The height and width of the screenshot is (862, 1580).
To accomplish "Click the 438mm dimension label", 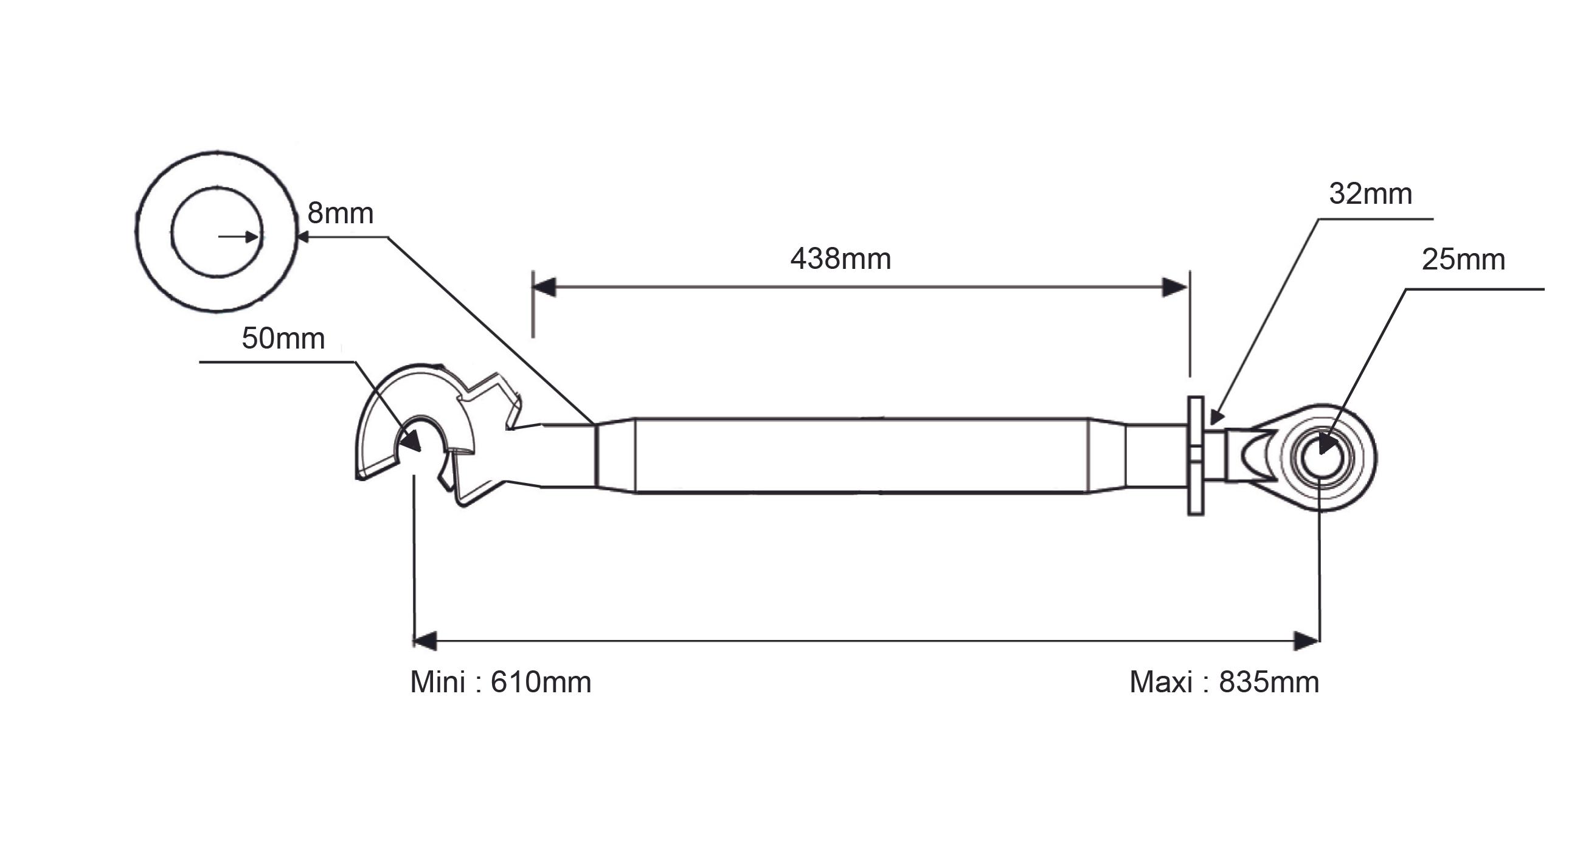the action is click(x=840, y=259).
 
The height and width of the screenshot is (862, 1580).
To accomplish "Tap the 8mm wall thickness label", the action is click(x=341, y=214).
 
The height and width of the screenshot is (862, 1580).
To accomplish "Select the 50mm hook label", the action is click(x=283, y=339).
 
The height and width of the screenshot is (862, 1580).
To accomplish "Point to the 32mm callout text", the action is click(x=1370, y=194).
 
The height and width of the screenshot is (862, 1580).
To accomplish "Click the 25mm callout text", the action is click(x=1463, y=260).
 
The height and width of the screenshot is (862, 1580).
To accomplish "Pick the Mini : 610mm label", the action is click(x=501, y=682).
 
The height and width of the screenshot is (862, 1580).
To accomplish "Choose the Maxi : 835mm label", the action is click(x=1224, y=682).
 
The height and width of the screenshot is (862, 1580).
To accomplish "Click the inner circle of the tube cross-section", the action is click(x=217, y=187).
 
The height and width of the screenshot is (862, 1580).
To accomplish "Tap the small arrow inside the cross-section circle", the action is click(x=238, y=236).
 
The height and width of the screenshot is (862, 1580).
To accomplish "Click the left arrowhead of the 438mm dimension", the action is click(x=544, y=287).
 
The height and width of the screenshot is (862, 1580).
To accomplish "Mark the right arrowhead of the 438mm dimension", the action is click(x=1175, y=287).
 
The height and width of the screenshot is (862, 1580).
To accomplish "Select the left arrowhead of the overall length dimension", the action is click(x=425, y=641).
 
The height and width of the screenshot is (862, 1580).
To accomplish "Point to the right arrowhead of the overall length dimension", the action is click(x=1307, y=641).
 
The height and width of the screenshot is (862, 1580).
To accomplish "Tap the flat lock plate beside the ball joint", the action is click(x=1196, y=456).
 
